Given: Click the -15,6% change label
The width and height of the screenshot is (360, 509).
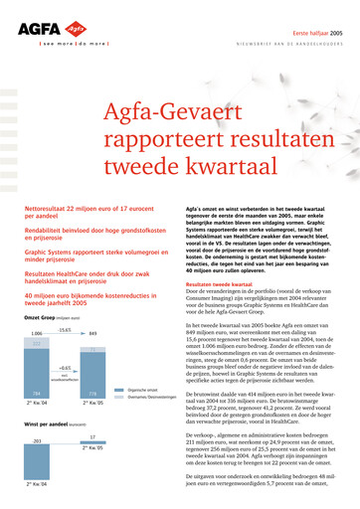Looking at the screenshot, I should tap(65, 329).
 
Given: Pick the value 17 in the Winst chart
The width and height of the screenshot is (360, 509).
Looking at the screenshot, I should tap(93, 436).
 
